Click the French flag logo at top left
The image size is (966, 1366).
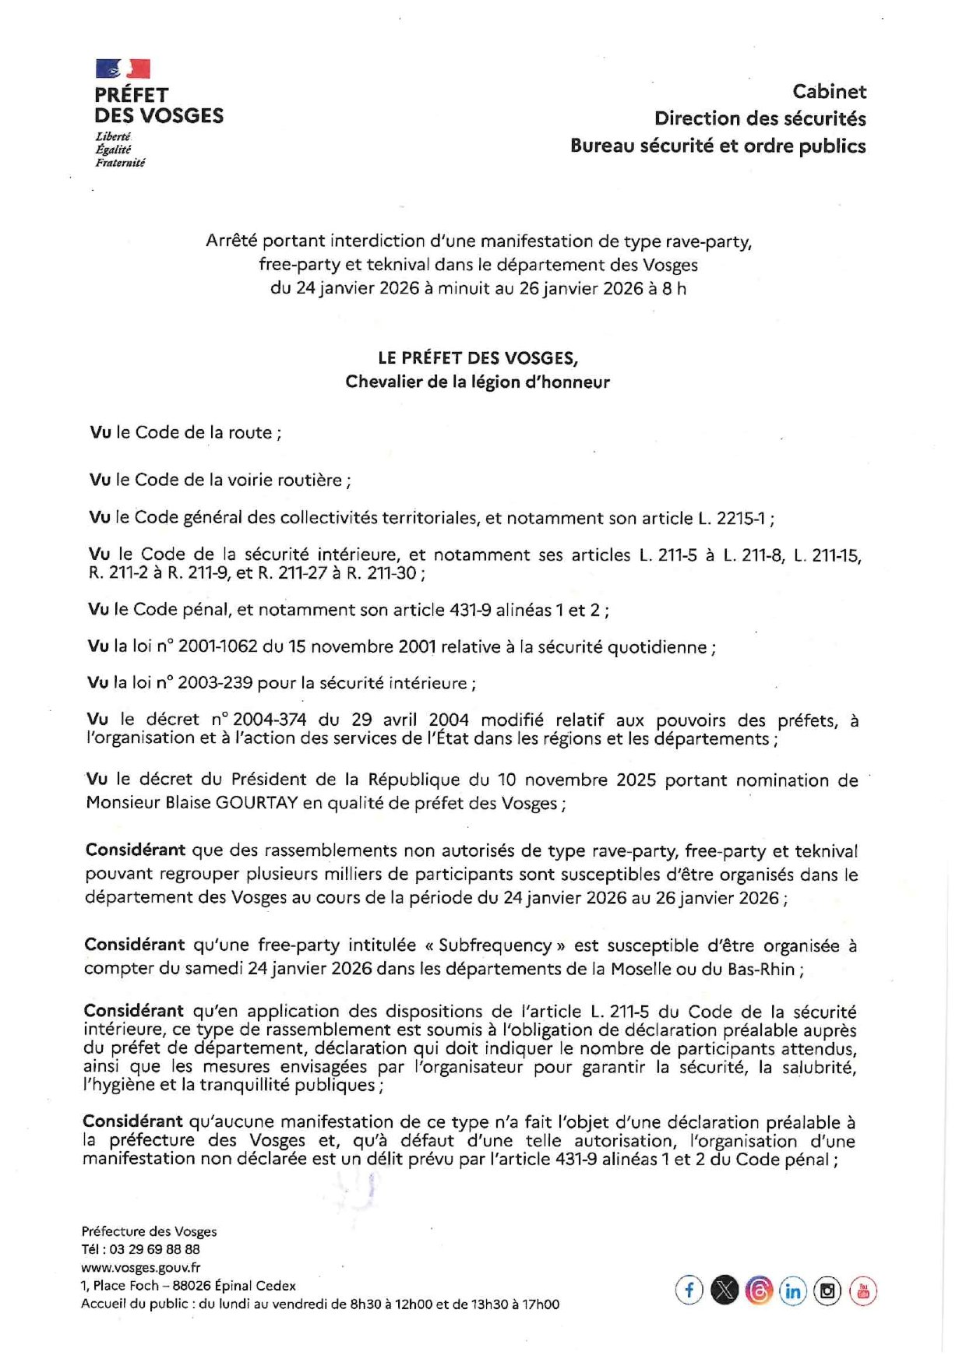[122, 69]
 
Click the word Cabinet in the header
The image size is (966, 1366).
[829, 92]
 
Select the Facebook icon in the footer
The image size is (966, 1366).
[689, 1290]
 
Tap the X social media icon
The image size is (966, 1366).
[724, 1290]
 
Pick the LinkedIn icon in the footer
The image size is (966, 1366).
[792, 1290]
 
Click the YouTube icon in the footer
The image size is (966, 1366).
[863, 1290]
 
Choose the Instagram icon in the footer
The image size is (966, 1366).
[827, 1290]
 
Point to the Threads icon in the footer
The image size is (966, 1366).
[758, 1290]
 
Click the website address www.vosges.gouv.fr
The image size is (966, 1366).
[140, 1268]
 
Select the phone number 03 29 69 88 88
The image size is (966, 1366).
[154, 1249]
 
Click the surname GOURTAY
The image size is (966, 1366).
[257, 803]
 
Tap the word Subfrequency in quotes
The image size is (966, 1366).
[495, 945]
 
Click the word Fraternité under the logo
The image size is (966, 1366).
[120, 163]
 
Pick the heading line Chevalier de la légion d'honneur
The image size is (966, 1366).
[478, 382]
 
